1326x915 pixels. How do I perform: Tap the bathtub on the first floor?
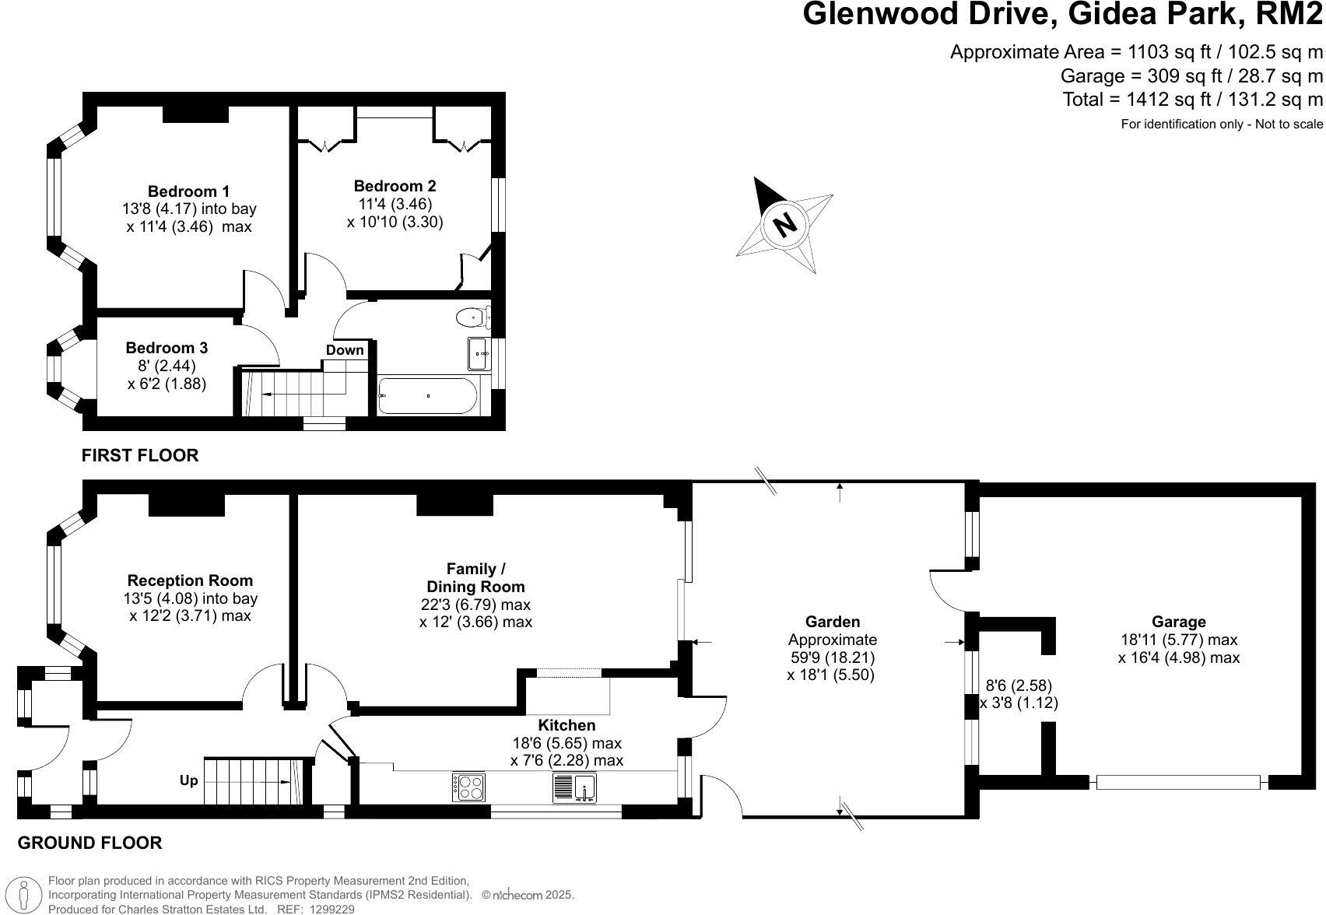[x=427, y=396]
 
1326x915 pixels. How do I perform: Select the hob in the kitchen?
[x=468, y=787]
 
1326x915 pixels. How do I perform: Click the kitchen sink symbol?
[x=574, y=787]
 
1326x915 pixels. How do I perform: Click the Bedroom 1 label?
[x=188, y=191]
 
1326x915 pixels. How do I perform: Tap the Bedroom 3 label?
[x=167, y=348]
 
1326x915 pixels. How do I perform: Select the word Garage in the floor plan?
[x=1178, y=622]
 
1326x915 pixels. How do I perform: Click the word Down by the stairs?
[x=345, y=350]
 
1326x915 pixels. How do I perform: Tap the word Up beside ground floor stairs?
[x=189, y=780]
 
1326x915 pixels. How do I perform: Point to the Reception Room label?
[x=190, y=580]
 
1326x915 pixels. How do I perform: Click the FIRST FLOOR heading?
[x=140, y=455]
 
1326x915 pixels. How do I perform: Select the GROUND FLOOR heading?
[x=89, y=843]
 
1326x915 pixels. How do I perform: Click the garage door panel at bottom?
[x=1177, y=782]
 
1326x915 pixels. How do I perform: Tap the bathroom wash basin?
[x=479, y=354]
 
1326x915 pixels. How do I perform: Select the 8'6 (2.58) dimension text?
[x=1019, y=685]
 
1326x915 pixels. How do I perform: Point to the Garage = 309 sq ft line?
[x=1191, y=76]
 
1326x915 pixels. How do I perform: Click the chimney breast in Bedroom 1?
[x=195, y=114]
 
